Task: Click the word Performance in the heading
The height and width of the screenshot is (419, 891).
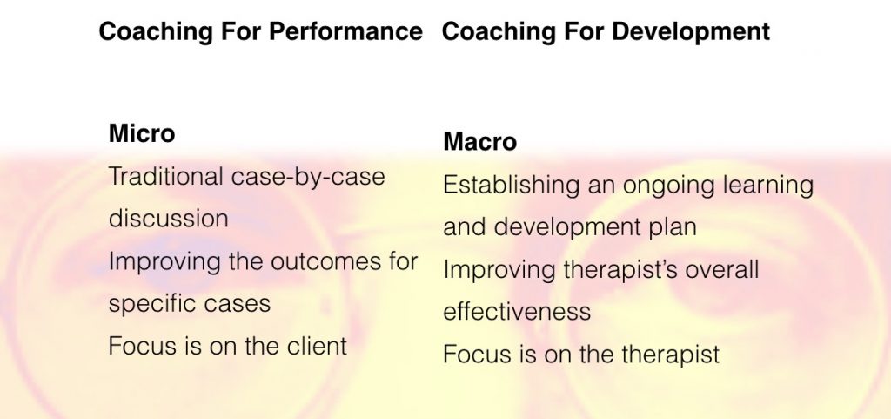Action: pos(345,31)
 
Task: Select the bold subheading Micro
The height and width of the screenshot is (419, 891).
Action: pos(142,133)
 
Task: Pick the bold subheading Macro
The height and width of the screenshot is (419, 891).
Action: pos(479,142)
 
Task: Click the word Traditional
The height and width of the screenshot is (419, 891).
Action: pos(166,176)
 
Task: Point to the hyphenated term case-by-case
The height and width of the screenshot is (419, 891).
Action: pos(308,178)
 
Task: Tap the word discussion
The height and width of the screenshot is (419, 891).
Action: pos(168,219)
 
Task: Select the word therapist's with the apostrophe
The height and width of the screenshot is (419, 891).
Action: pos(620,270)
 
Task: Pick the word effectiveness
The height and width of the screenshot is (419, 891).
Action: pos(517,311)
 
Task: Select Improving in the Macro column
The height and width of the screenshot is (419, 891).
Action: pos(499,270)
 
